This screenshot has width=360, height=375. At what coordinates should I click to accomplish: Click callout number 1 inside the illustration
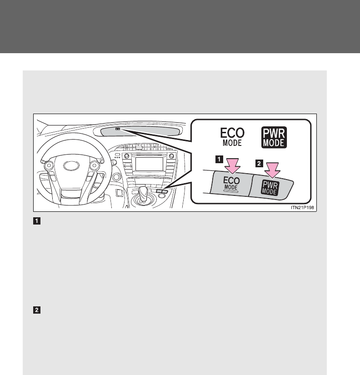220,160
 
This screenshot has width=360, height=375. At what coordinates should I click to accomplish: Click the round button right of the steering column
116,176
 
